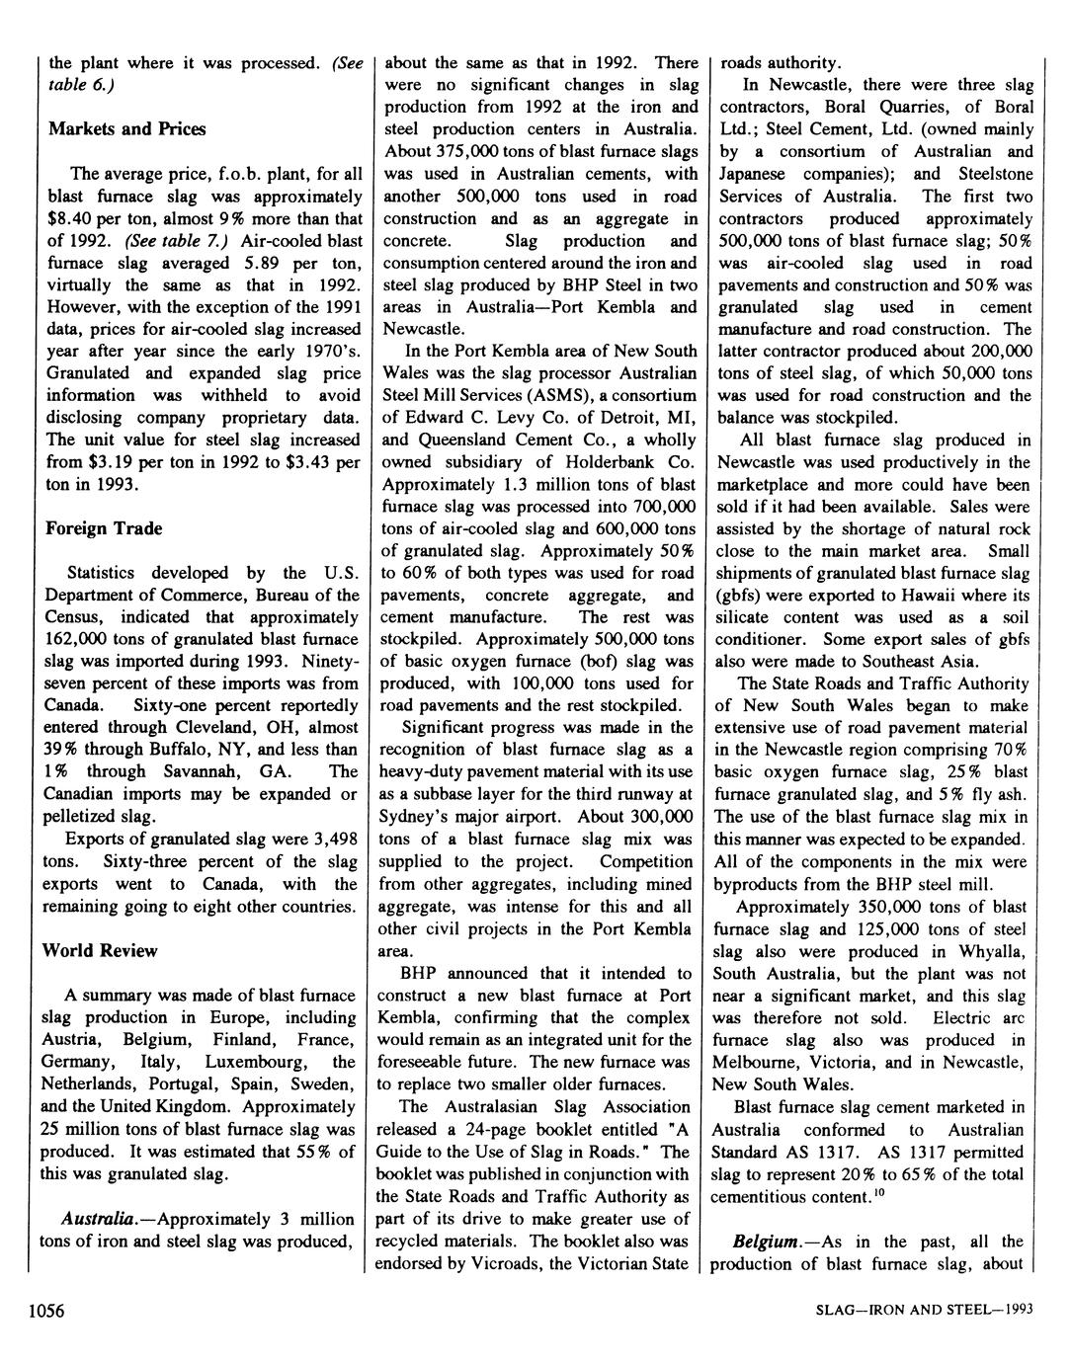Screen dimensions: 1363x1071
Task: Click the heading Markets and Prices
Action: point(125,128)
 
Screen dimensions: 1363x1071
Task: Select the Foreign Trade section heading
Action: point(104,528)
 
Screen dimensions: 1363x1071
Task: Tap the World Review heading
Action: point(100,950)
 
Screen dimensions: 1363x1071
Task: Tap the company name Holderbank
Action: point(614,462)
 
